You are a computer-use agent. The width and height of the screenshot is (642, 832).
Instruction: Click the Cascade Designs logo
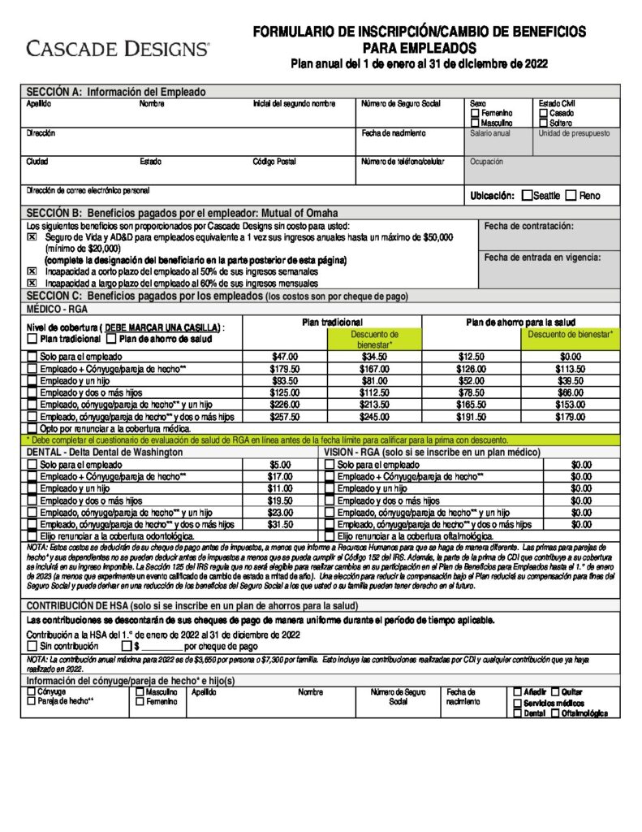[118, 49]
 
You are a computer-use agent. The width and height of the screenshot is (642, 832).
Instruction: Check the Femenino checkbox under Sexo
[475, 114]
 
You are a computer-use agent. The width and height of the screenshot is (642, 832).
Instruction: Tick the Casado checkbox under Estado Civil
[543, 114]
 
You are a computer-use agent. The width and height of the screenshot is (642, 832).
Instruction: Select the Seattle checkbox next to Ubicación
[528, 195]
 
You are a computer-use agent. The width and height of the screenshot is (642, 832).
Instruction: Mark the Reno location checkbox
[571, 195]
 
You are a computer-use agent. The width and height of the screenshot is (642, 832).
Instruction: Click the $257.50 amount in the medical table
[284, 417]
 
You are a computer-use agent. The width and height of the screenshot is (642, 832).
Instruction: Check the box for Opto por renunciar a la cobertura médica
[32, 428]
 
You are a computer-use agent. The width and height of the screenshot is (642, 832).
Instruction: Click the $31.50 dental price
[280, 525]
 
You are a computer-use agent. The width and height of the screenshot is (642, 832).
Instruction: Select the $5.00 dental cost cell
[280, 465]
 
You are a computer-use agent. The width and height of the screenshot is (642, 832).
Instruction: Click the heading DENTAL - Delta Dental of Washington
[105, 452]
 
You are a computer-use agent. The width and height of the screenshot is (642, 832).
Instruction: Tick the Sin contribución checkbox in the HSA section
[32, 647]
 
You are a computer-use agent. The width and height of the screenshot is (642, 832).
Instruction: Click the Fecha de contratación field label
[528, 226]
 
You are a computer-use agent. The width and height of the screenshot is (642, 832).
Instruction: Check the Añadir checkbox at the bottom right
[518, 691]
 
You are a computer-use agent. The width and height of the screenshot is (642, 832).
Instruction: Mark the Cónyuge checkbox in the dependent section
[32, 691]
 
